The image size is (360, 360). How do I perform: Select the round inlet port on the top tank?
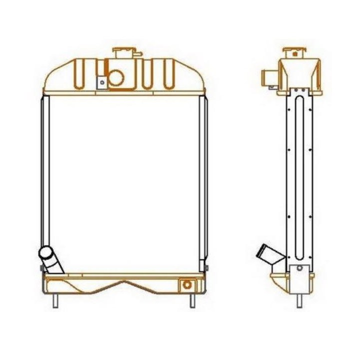point(116,77)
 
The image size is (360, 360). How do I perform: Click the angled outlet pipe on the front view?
point(50,260)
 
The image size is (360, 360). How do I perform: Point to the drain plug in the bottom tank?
point(187,284)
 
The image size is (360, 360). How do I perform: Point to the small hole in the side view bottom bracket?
point(299,268)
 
